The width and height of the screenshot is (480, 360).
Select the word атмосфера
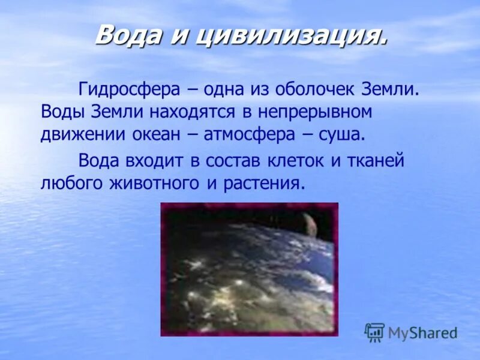pyautogui.click(x=250, y=133)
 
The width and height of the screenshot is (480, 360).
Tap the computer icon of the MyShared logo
pyautogui.click(x=374, y=332)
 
